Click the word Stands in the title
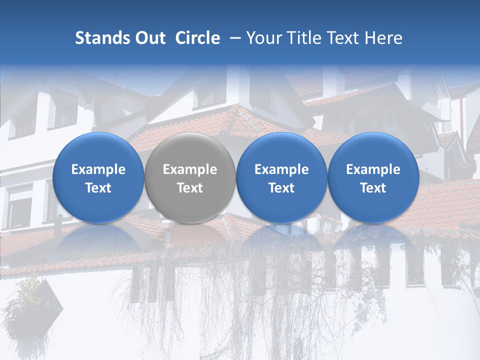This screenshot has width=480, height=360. pyautogui.click(x=103, y=38)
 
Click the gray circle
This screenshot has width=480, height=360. pyautogui.click(x=190, y=178)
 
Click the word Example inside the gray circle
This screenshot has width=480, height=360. pyautogui.click(x=190, y=169)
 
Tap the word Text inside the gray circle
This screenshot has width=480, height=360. pyautogui.click(x=190, y=188)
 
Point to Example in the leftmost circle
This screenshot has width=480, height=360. pyautogui.click(x=98, y=169)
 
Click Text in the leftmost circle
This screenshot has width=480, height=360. pyautogui.click(x=98, y=188)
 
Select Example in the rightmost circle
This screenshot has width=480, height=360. pyautogui.click(x=373, y=169)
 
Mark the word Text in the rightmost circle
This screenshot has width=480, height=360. pyautogui.click(x=373, y=188)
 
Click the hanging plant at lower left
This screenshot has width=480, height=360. pyautogui.click(x=30, y=305)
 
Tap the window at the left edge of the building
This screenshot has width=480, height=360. pyautogui.click(x=19, y=205)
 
